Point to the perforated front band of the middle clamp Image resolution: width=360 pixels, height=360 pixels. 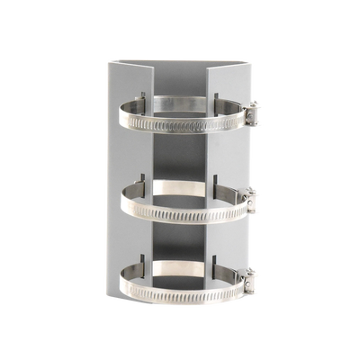point(180,212)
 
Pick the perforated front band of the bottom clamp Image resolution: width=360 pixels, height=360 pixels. point(180,293)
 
